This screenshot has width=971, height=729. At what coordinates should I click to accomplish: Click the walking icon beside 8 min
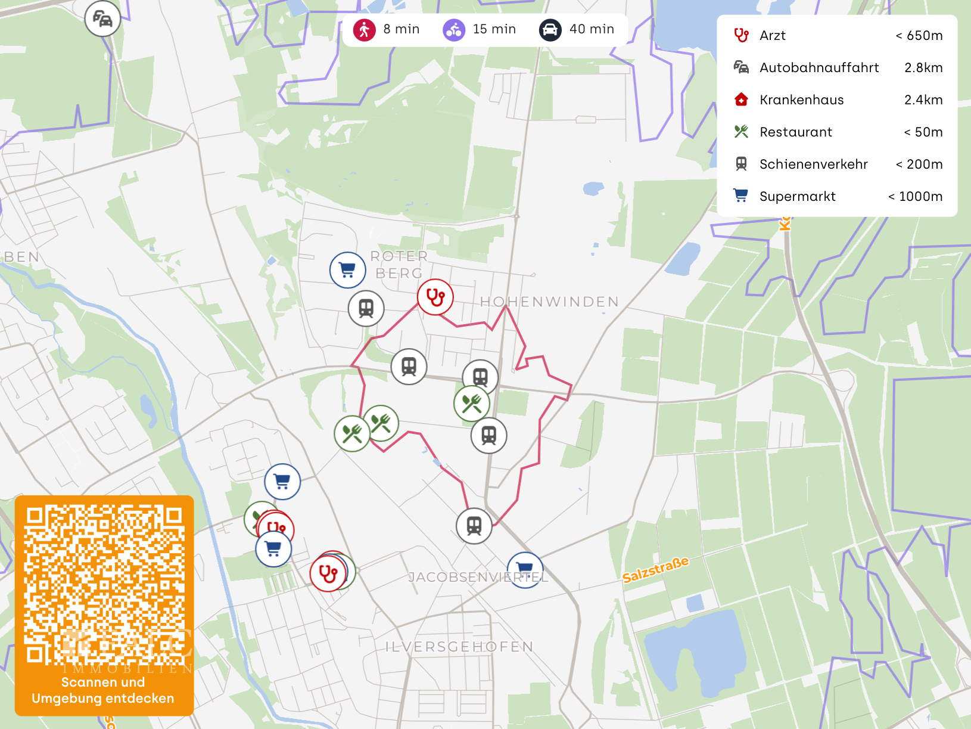click(x=364, y=30)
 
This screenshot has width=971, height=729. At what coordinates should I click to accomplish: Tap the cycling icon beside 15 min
click(x=454, y=30)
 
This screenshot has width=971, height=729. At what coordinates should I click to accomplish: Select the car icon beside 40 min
click(x=550, y=30)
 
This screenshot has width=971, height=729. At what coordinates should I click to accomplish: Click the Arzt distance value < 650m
click(x=919, y=36)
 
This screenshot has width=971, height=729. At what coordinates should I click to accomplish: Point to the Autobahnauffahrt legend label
click(x=818, y=68)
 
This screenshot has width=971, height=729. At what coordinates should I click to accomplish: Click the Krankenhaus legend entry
click(x=801, y=100)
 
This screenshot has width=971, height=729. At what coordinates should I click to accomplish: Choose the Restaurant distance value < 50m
click(x=923, y=132)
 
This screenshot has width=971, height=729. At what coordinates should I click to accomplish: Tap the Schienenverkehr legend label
click(x=813, y=165)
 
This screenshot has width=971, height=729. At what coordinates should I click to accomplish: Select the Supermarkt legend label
click(x=797, y=197)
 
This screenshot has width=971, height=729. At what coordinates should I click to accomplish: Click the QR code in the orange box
click(x=104, y=584)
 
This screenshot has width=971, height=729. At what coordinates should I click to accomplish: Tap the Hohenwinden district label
click(x=549, y=302)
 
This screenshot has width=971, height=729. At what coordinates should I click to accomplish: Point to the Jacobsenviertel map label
click(x=478, y=577)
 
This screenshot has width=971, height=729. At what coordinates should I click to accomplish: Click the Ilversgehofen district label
click(x=459, y=647)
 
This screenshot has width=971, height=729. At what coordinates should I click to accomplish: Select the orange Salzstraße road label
click(x=655, y=570)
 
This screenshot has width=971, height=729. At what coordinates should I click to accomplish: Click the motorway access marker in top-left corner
click(x=102, y=19)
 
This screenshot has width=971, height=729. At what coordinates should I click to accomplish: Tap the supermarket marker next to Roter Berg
click(x=347, y=270)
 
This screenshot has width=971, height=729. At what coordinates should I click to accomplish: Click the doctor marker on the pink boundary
click(x=435, y=297)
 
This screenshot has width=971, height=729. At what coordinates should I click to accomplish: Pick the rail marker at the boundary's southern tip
click(x=474, y=526)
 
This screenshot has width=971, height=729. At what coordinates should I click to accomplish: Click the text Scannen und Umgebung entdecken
click(x=103, y=690)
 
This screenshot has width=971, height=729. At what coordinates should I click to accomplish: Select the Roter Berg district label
click(x=399, y=265)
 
